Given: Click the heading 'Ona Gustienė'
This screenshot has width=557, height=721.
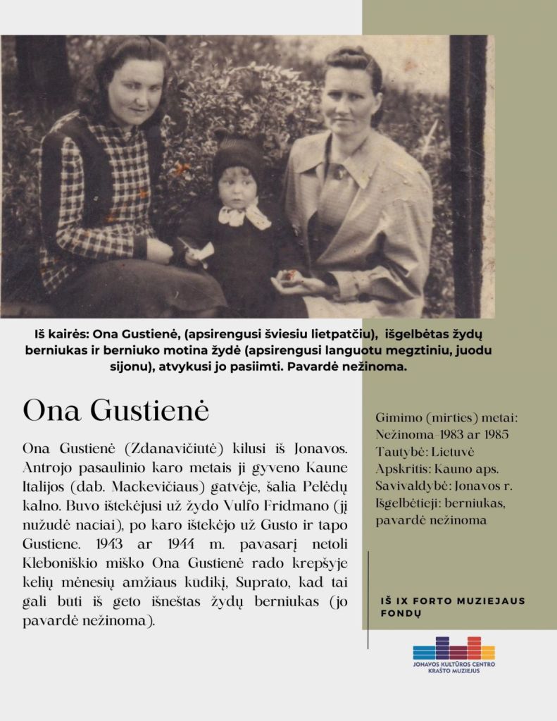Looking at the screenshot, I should (x=115, y=410).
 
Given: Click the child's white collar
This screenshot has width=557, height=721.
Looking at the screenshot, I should (x=244, y=214).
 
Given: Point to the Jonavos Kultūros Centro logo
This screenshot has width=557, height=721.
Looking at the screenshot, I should (x=453, y=655).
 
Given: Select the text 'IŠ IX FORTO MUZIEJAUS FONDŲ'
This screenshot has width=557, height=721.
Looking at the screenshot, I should (x=452, y=607).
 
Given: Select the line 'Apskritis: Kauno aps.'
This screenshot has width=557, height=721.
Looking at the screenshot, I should (x=437, y=469).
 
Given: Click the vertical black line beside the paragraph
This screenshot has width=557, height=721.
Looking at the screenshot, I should (x=368, y=599).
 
